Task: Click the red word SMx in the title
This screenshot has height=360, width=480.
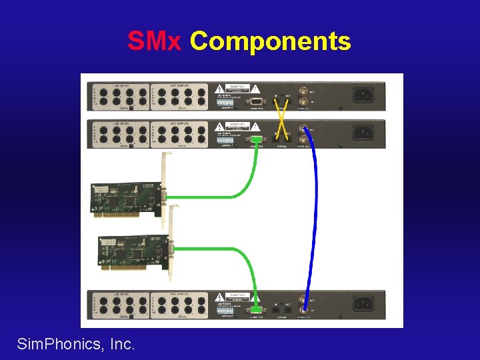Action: [154, 41]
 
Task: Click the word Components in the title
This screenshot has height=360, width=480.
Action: [270, 41]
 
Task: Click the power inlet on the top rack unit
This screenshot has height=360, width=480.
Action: [363, 95]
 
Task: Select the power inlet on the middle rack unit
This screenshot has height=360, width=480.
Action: [363, 133]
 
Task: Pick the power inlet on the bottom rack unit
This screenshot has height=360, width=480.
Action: [363, 303]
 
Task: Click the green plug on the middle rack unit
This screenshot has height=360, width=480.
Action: [256, 139]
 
